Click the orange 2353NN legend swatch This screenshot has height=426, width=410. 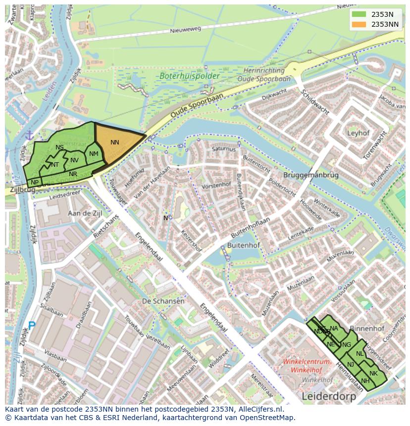coord(360,24)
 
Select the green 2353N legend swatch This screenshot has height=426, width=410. coord(360,14)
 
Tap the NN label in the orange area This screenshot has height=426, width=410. coord(115,142)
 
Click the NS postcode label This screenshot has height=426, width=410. coord(59,147)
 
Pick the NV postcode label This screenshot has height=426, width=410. coord(74,160)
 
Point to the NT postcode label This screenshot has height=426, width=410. coord(55,165)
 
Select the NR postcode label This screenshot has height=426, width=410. coord(73,174)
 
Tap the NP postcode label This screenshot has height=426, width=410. coord(35,183)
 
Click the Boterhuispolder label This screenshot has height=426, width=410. coord(183,76)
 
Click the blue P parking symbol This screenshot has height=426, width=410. coord(32,326)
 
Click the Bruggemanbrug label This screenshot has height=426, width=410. coord(311,175)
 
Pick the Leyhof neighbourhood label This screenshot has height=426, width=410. coord(359,133)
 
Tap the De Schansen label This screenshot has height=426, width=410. coord(163,301)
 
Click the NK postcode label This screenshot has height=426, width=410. coord(373,373)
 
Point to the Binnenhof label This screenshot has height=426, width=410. coord(367,329)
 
